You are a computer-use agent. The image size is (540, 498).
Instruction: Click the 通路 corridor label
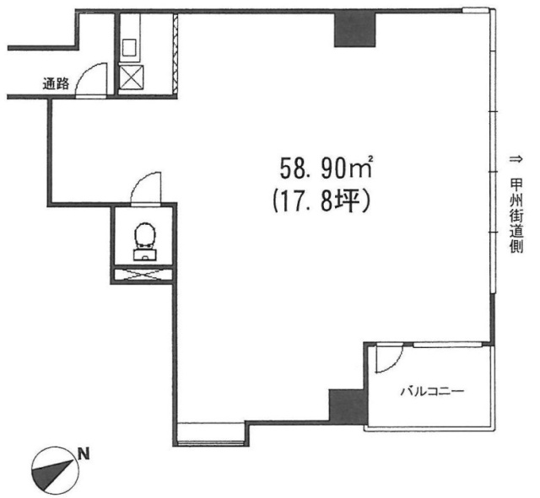[56, 83]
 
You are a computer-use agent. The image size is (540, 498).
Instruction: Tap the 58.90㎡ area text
[326, 168]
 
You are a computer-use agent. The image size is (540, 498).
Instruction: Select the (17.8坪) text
[321, 203]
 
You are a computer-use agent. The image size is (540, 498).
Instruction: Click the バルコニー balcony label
[432, 391]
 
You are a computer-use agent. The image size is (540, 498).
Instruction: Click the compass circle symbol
[54, 470]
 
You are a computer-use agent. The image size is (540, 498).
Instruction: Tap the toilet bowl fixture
[144, 235]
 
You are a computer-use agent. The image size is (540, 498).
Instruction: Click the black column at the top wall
[354, 29]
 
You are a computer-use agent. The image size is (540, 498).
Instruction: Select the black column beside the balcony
[348, 406]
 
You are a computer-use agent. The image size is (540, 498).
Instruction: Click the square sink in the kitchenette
[129, 47]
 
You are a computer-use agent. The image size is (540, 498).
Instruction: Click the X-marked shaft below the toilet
[143, 275]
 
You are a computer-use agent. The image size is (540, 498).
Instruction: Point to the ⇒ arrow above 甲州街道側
[516, 159]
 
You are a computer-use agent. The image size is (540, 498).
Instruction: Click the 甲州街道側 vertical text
[516, 217]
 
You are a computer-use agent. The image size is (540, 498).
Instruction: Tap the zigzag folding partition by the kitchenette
[175, 53]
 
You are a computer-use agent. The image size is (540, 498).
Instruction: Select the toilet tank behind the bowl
[144, 254]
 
